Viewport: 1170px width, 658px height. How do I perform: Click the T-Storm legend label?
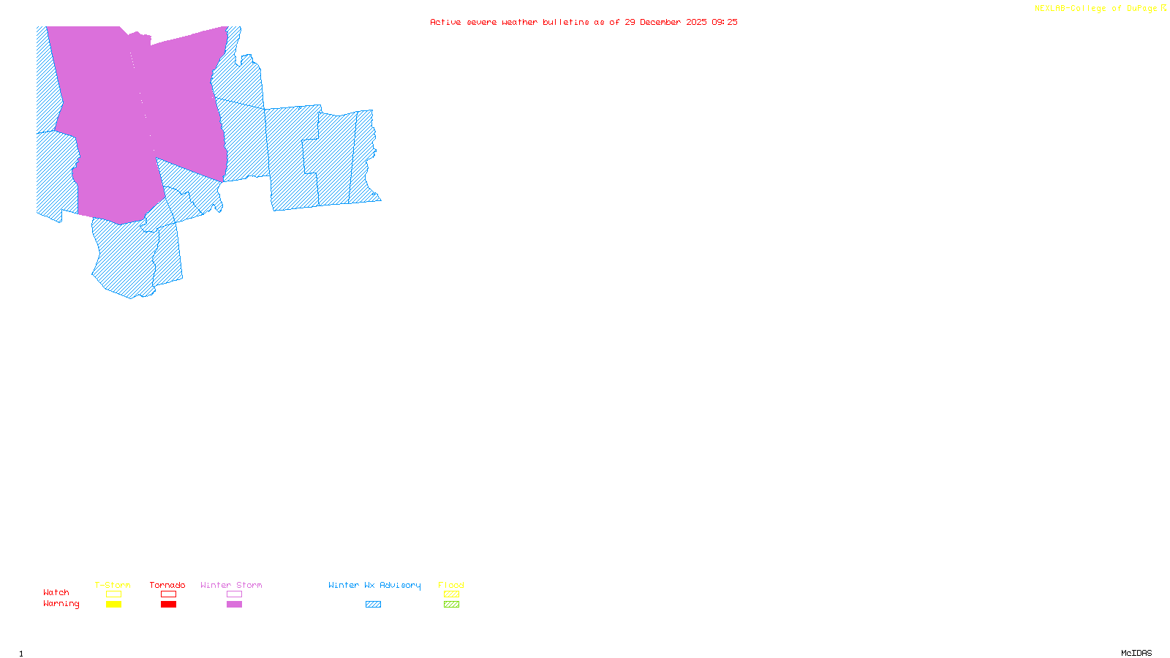[x=113, y=585]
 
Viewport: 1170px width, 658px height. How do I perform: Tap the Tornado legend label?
[x=167, y=585]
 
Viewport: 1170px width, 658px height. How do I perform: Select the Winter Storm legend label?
[x=231, y=585]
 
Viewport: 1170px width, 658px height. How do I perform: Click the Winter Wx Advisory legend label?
[x=374, y=585]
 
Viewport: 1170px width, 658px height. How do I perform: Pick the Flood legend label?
[x=451, y=585]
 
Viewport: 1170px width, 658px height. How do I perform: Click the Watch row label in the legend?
[x=56, y=592]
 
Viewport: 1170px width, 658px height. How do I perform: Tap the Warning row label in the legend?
[x=61, y=604]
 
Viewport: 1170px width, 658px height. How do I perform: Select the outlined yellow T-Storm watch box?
[x=113, y=594]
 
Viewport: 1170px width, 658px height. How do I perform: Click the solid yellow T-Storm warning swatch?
[x=113, y=605]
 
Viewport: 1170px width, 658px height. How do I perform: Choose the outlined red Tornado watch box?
[x=168, y=594]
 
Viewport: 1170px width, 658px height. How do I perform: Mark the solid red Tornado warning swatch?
[x=168, y=605]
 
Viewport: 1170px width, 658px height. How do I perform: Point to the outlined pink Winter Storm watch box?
[x=234, y=594]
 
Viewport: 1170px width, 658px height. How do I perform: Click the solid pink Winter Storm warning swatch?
[x=234, y=605]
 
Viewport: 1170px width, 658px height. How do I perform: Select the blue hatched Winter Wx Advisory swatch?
[x=373, y=605]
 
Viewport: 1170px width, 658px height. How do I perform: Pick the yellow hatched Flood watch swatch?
[x=451, y=594]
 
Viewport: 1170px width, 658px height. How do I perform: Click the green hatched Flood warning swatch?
[x=451, y=605]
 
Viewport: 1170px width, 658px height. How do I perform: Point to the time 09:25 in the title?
[x=725, y=22]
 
